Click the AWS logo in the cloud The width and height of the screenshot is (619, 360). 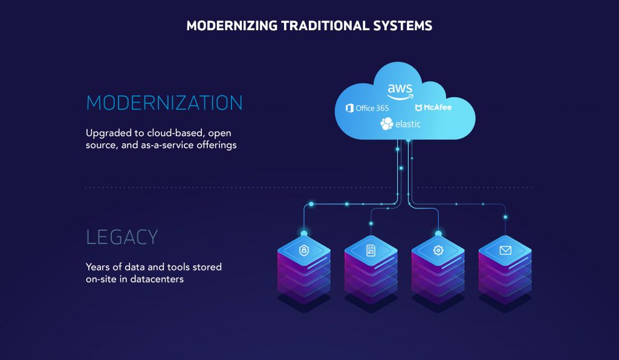click(401, 91)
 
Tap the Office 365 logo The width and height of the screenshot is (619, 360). click(367, 108)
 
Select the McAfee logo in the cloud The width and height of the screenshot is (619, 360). click(433, 108)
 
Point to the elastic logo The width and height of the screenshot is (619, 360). click(400, 124)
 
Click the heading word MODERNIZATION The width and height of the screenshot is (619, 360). click(164, 103)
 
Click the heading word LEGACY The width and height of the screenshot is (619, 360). click(122, 237)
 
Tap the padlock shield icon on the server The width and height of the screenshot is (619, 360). click(304, 250)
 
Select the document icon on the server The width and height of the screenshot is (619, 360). click(371, 250)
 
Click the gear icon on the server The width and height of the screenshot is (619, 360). click(438, 250)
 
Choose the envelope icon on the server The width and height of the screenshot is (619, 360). click(505, 250)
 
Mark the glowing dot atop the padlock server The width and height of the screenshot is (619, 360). click(304, 233)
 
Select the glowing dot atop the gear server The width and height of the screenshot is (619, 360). click(438, 233)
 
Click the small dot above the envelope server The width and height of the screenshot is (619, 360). click(505, 217)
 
